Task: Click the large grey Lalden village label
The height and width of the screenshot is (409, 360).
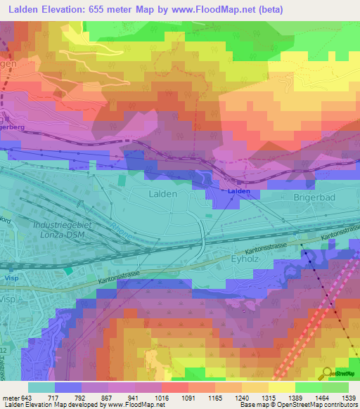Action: pos(162,192)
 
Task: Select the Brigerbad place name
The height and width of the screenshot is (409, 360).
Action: pos(313,198)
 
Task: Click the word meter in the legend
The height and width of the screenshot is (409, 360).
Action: pos(10,398)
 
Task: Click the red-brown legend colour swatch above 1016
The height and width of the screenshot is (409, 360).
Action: pos(175,387)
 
